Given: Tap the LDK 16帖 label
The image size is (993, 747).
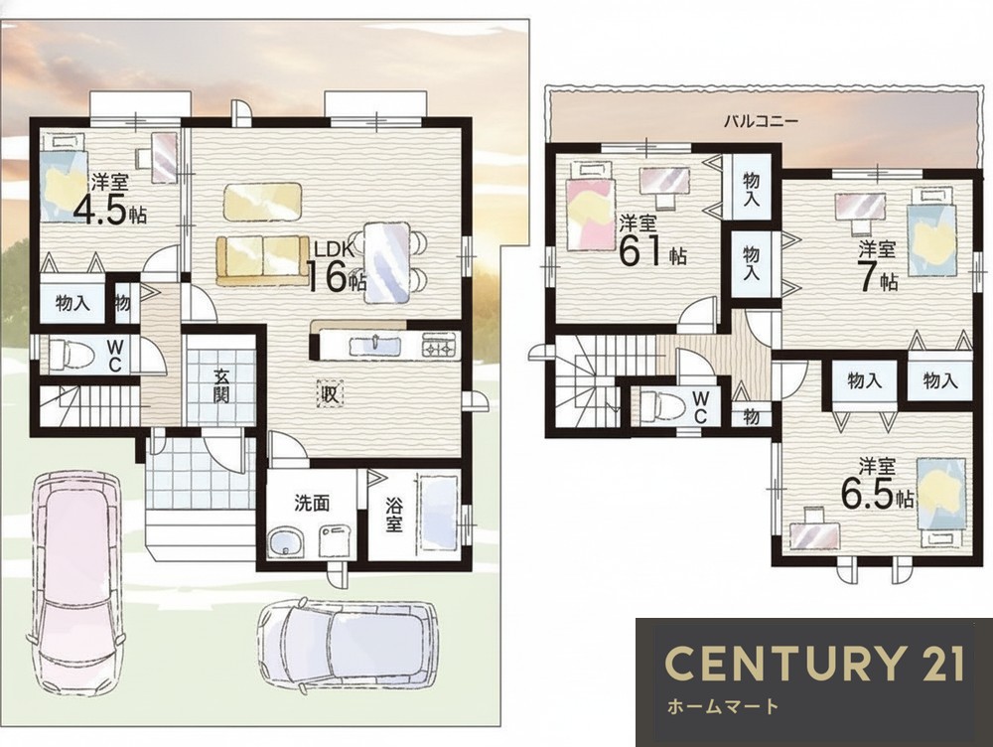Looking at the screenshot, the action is coord(337,270).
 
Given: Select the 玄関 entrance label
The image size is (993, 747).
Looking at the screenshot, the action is coord(221,385).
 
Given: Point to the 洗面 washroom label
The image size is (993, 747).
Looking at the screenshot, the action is coord(312,503).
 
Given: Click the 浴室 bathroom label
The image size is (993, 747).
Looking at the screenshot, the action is coord(394,515).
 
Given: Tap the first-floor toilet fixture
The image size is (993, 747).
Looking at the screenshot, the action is coord(71,353).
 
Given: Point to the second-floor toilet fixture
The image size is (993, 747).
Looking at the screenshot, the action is coord(661,406).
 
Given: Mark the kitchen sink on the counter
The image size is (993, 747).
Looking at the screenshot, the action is coord(374,346).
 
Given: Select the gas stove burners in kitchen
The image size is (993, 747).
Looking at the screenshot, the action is coord(437,348).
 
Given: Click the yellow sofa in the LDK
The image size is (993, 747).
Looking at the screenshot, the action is coord(262,259).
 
